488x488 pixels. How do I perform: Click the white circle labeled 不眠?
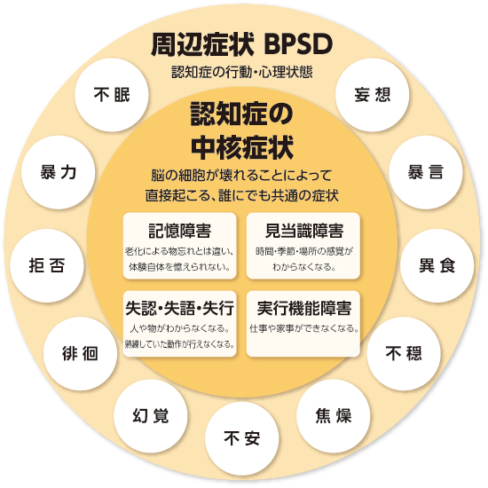coord(112,95)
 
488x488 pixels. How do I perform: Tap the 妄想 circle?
coord(372,95)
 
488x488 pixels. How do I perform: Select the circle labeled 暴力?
coord(58,172)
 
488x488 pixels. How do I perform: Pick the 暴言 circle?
coord(425,172)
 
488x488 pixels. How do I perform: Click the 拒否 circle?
coord(47,265)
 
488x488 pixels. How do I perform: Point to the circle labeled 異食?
coord(437,265)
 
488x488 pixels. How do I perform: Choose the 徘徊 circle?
coord(80,353)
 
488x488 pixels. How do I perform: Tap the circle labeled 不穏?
coord(404,353)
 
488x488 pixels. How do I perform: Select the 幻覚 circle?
coord(151,416)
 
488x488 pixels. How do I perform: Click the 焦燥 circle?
coord(334,416)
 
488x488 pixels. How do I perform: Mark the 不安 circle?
coord(242,438)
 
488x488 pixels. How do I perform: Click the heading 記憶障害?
coord(179,231)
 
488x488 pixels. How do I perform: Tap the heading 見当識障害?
coord(303,231)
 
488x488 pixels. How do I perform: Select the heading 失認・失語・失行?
coord(179,308)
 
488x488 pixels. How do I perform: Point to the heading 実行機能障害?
coord(303,308)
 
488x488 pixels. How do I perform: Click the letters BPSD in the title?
coord(298,44)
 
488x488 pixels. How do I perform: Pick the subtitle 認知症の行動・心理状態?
coord(242,72)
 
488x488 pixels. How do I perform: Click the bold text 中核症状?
coord(242,147)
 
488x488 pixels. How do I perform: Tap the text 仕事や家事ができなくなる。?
coord(303,328)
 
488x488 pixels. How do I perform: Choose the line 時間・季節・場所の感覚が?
coord(303,251)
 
